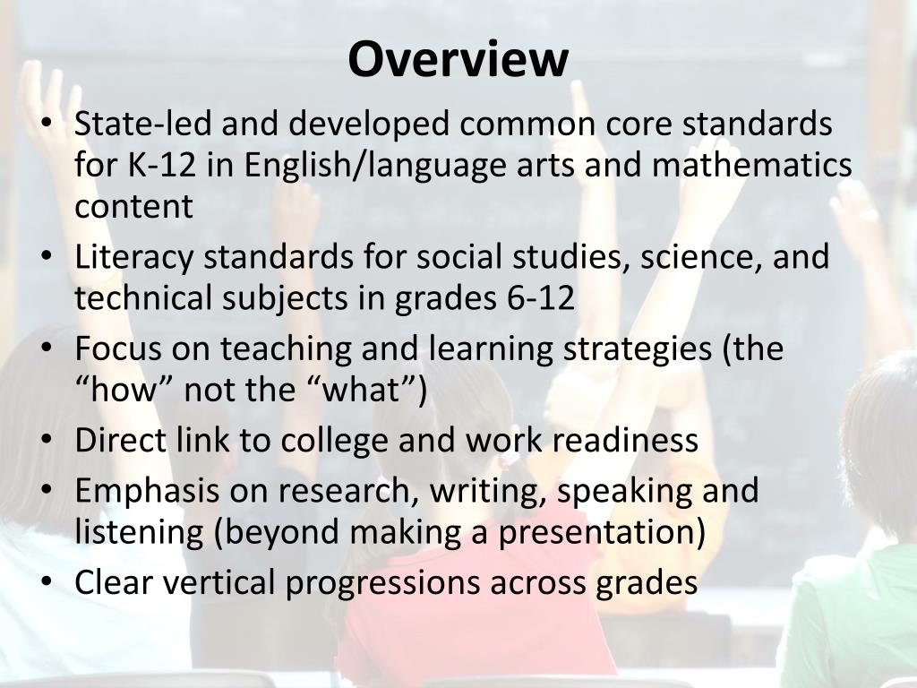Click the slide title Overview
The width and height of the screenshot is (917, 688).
pos(458,59)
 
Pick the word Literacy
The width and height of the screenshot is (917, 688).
pos(133,258)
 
